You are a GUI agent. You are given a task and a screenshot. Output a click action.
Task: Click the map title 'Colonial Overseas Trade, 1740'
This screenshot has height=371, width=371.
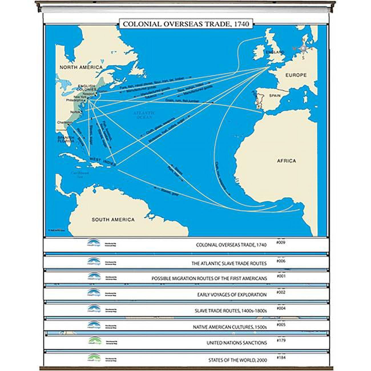(x=184, y=24)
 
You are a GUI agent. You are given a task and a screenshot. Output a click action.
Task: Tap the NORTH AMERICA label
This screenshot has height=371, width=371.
(x=81, y=67)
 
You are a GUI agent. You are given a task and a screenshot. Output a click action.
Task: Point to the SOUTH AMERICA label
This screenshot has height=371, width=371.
(x=113, y=220)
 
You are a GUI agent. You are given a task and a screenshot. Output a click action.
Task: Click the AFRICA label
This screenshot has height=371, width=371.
(x=286, y=161)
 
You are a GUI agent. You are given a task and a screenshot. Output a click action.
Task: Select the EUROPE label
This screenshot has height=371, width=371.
(x=296, y=75)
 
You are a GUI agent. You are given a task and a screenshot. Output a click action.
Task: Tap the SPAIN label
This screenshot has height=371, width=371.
(x=275, y=96)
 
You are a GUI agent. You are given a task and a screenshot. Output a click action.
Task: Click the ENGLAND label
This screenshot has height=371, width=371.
(x=275, y=53)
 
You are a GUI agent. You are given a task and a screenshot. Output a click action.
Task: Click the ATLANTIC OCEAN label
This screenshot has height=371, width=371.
(x=144, y=115)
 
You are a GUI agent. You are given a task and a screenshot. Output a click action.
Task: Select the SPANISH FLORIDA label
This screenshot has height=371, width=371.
(x=66, y=139)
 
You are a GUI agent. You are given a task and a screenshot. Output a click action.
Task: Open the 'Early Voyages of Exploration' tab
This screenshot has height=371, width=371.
(x=232, y=295)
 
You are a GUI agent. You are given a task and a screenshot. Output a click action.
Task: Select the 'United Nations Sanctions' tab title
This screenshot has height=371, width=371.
(x=237, y=342)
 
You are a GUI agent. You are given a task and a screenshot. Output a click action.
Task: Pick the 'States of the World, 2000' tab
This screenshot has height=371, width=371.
(x=238, y=360)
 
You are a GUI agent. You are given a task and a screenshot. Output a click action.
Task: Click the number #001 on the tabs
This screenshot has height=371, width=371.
(x=281, y=276)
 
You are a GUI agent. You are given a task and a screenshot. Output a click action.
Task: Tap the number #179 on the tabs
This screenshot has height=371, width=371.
(x=281, y=340)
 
